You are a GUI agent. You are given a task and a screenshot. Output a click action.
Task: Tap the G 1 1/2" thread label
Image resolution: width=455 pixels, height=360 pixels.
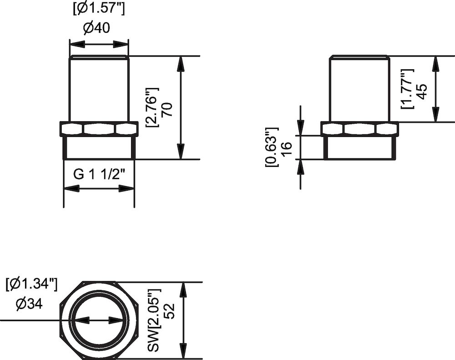point(99,175)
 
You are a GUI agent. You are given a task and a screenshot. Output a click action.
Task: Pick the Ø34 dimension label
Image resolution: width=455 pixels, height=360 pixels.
point(29,304)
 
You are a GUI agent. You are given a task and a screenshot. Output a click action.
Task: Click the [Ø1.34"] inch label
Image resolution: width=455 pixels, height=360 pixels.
point(31,285)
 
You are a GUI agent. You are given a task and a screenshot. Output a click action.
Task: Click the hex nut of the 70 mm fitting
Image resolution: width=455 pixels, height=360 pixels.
point(99,129)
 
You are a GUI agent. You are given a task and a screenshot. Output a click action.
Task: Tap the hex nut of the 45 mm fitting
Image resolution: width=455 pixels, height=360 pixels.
point(359,129)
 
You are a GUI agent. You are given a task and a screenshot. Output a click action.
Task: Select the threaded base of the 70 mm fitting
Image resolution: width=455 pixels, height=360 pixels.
point(99,148)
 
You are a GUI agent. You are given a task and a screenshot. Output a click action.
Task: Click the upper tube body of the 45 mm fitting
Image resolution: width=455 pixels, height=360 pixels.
point(359,89)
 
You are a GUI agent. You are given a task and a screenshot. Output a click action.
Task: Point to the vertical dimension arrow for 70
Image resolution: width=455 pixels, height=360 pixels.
point(181,107)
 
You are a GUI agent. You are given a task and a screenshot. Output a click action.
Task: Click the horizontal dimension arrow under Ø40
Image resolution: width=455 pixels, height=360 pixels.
point(99,44)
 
